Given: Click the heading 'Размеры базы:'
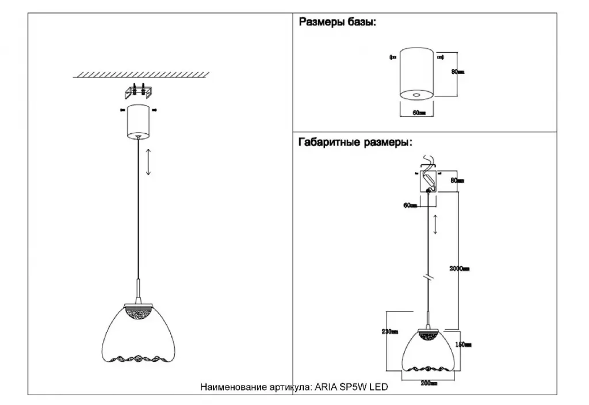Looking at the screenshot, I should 337,24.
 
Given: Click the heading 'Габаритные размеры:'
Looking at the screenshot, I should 355,142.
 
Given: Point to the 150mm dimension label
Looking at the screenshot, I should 464,345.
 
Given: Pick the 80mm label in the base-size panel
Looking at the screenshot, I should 458,72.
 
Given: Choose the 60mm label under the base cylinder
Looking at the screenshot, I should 418,112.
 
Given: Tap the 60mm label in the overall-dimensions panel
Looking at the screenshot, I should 410,205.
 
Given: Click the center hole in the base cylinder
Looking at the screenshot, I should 418,94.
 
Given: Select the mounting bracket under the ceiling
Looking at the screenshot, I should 138,91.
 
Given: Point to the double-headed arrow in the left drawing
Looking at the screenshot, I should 149,162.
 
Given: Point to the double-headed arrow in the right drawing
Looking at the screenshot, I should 435,224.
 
